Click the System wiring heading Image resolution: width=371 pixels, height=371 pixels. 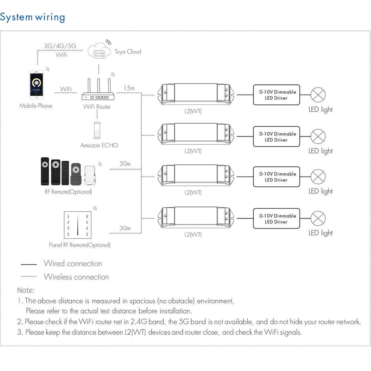point(33,17)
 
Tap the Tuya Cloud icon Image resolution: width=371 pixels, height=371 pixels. point(99,51)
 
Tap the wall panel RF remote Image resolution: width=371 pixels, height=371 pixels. point(78,225)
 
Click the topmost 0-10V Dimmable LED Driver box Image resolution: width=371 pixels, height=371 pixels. point(276,95)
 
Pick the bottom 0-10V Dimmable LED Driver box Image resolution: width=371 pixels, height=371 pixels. point(276,219)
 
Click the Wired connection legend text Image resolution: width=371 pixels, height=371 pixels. point(73,263)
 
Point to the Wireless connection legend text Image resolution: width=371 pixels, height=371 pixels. point(76,277)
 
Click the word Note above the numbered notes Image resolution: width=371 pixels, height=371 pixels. point(26,290)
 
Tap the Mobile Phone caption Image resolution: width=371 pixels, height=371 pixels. point(36,106)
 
